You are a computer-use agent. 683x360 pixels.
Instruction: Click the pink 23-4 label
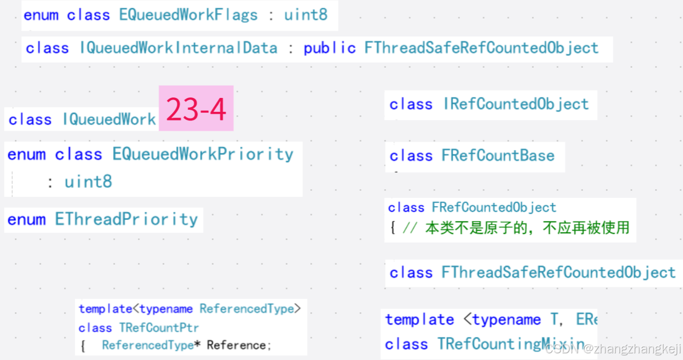pyautogui.click(x=196, y=109)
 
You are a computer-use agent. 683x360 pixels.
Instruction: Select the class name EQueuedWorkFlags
pyautogui.click(x=188, y=15)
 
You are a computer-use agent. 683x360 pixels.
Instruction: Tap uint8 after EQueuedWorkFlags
pyautogui.click(x=306, y=15)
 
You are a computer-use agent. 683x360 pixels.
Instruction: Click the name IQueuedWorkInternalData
pyautogui.click(x=178, y=48)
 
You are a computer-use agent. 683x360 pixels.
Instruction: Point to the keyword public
pyautogui.click(x=329, y=48)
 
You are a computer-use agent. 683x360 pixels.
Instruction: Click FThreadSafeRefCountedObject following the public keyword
pyautogui.click(x=481, y=48)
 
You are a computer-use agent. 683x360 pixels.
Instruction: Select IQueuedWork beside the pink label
pyautogui.click(x=109, y=119)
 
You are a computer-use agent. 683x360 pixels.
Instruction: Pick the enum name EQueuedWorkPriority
pyautogui.click(x=203, y=154)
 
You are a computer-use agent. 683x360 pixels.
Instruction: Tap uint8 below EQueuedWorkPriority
pyautogui.click(x=88, y=182)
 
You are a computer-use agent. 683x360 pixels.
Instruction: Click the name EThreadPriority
pyautogui.click(x=126, y=219)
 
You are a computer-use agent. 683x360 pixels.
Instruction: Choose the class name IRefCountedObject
pyautogui.click(x=516, y=104)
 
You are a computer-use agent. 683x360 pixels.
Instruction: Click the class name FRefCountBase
pyautogui.click(x=498, y=155)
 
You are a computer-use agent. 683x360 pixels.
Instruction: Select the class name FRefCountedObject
pyautogui.click(x=494, y=207)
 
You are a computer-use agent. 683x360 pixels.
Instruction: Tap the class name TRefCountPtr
pyautogui.click(x=159, y=327)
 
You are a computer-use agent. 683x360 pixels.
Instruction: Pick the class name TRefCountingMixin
pyautogui.click(x=511, y=344)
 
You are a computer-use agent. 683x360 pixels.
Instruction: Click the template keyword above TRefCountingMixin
pyautogui.click(x=419, y=319)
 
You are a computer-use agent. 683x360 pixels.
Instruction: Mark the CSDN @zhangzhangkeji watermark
pyautogui.click(x=613, y=350)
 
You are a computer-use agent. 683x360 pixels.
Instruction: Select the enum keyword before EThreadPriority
pyautogui.click(x=26, y=219)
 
